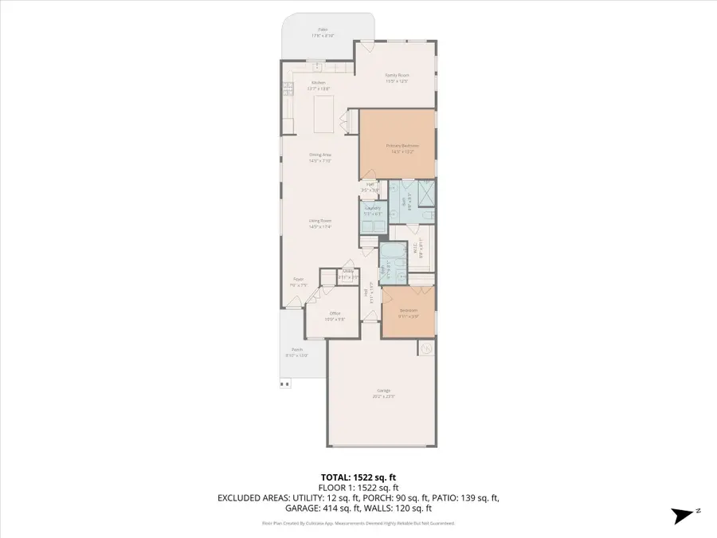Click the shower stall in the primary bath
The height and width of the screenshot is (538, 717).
click(426, 194)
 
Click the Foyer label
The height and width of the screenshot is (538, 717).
click(299, 279)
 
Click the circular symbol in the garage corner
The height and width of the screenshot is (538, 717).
click(426, 348)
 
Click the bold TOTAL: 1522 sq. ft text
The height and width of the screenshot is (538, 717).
click(358, 475)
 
